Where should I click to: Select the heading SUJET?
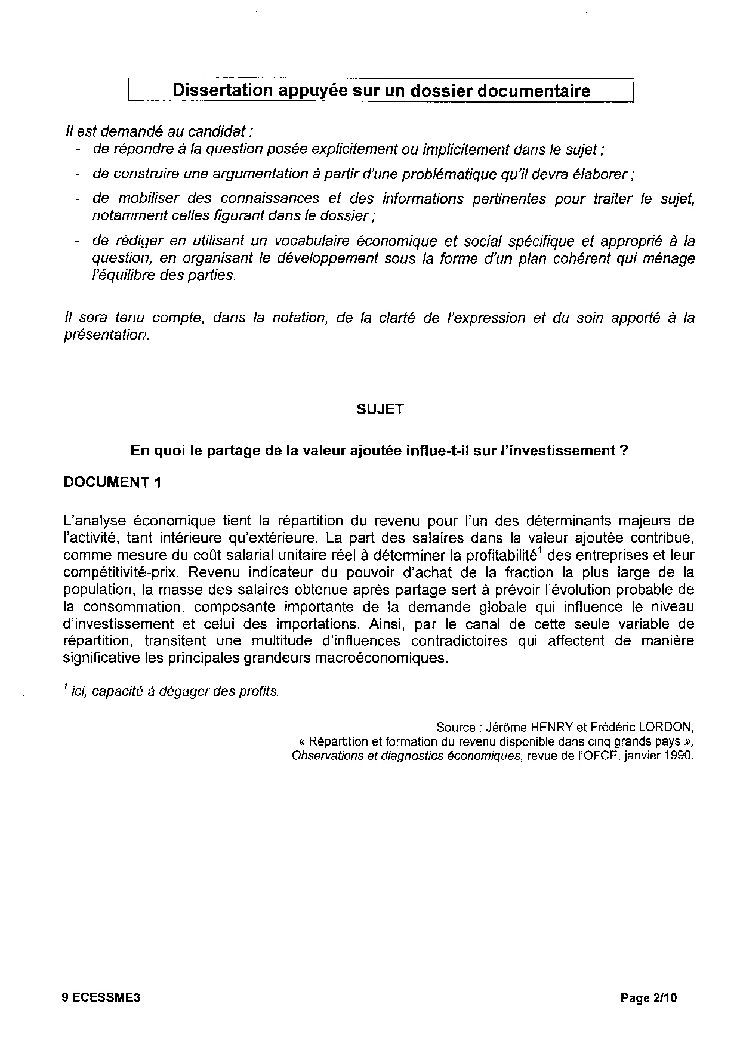click(380, 409)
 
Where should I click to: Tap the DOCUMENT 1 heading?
click(112, 482)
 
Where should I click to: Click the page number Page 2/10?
click(649, 997)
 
